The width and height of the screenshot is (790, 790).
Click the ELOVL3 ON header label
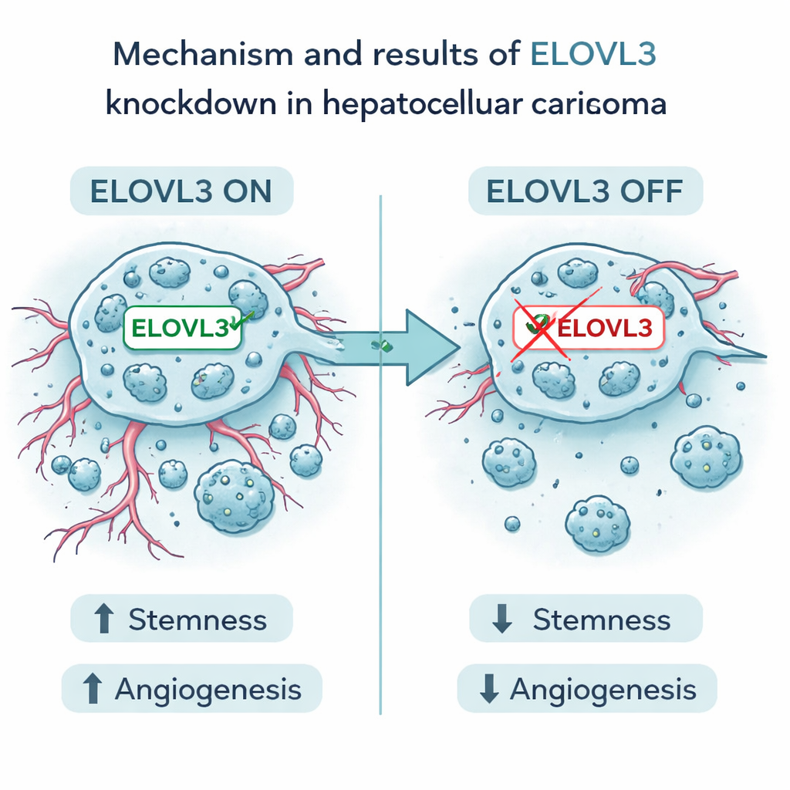pos(181,191)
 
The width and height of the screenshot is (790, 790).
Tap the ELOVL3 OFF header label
pos(586,191)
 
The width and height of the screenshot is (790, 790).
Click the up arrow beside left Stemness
pos(103,620)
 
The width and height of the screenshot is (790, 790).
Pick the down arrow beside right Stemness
pos(501,620)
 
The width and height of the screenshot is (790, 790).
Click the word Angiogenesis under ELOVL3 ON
pos(208,688)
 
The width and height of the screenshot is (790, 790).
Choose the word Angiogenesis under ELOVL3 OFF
pos(603,689)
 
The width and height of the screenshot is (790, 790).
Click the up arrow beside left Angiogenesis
pos(93,688)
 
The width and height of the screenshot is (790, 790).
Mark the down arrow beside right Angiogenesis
pos(488,689)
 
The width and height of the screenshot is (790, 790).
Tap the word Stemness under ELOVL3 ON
pos(197,620)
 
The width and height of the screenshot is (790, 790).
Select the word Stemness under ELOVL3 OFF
pos(602,620)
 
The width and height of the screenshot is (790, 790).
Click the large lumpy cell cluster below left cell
pos(235,495)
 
